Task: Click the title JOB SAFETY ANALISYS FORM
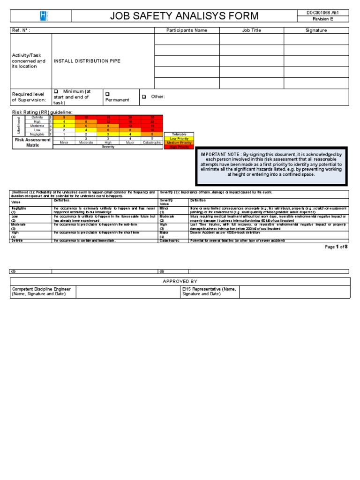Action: tap(184, 16)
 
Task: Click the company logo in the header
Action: tap(41, 16)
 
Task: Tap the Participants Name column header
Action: tap(187, 30)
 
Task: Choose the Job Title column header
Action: tap(251, 30)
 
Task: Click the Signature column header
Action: tap(316, 30)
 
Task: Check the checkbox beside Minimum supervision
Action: tap(56, 91)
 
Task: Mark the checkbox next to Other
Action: tap(144, 97)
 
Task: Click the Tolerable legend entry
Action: tap(179, 135)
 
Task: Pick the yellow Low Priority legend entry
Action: tap(179, 139)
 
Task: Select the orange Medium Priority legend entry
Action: tap(179, 143)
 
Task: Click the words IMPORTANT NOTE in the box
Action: tap(221, 154)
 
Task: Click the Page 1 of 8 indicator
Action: tap(336, 247)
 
